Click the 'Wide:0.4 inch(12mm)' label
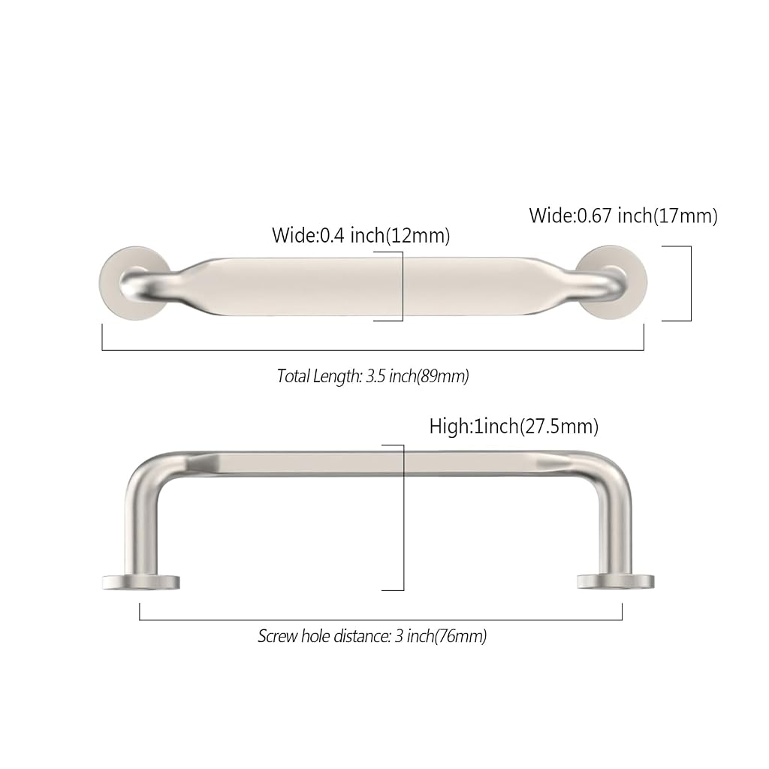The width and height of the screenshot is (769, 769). (361, 235)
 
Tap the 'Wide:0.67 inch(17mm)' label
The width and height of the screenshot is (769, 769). (623, 216)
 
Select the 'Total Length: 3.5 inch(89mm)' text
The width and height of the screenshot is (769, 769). (372, 376)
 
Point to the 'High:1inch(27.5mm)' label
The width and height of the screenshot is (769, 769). (514, 427)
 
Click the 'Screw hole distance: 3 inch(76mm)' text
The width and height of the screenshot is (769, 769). (372, 636)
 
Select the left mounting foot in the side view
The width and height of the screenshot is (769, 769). (141, 582)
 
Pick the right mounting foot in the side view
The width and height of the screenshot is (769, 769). (616, 582)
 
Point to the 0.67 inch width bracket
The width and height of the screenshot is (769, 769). (691, 283)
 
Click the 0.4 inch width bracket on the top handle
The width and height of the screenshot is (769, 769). (403, 286)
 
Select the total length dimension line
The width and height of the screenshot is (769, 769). (372, 350)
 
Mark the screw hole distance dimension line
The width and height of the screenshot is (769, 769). (381, 620)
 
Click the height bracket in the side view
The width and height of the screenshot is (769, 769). (403, 517)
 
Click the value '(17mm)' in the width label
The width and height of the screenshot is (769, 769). (685, 216)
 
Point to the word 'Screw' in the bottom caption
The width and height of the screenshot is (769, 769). (278, 636)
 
